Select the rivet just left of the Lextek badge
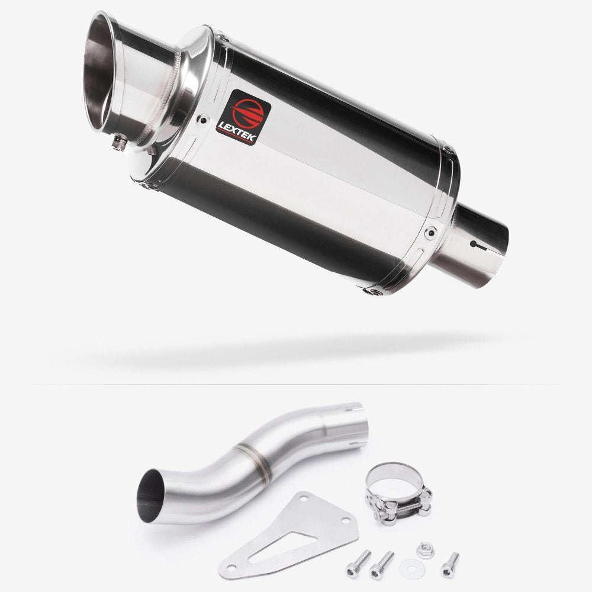click(205, 118)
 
